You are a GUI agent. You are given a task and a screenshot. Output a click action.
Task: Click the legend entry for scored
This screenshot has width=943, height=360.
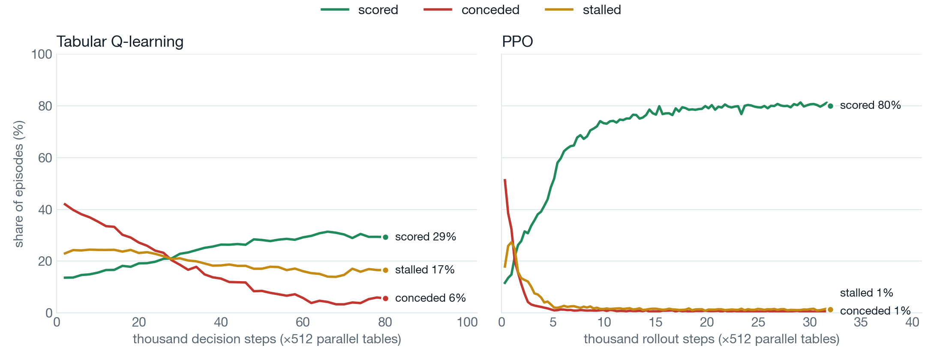[x=359, y=10]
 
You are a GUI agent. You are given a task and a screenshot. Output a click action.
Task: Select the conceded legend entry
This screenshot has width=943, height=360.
[x=471, y=10]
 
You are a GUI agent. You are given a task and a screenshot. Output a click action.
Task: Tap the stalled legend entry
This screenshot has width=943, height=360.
[x=583, y=10]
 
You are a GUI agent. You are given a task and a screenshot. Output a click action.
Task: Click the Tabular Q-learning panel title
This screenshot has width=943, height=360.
[x=120, y=42]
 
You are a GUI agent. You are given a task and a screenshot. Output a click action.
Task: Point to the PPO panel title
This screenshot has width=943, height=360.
[x=517, y=42]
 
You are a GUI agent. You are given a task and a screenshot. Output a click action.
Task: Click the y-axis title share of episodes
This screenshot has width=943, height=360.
[x=19, y=184]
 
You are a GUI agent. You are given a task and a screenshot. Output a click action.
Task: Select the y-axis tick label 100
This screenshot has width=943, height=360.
[x=42, y=54]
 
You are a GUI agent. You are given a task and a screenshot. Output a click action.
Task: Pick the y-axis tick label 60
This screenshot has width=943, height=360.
[x=45, y=158]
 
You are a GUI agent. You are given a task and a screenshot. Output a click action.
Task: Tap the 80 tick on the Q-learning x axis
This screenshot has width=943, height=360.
[x=385, y=322]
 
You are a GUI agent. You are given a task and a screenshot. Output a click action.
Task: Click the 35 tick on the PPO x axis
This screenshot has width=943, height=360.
[x=861, y=322]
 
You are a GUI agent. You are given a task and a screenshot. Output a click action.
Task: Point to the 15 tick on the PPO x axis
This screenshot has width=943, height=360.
[x=655, y=322]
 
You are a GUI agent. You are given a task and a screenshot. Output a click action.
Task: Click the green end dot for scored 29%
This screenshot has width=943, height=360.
[x=385, y=237]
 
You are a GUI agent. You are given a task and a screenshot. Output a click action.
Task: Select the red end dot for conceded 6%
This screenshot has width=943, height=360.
[x=385, y=298]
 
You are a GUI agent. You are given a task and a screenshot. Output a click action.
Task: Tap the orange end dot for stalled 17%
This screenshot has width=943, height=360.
[x=385, y=270]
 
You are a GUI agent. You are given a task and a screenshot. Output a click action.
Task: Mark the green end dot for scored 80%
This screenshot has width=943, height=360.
[x=830, y=106]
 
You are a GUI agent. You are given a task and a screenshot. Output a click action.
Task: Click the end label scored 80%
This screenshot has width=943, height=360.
[x=870, y=105]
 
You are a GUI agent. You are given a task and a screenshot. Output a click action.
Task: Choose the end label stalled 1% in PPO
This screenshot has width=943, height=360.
[x=866, y=293]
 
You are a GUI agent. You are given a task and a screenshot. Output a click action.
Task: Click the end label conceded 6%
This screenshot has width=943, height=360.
[x=430, y=298]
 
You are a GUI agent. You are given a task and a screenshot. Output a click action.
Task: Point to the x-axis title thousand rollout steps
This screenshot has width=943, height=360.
[x=712, y=339]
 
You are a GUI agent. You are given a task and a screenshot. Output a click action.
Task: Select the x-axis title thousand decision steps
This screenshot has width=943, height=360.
[x=267, y=339]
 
